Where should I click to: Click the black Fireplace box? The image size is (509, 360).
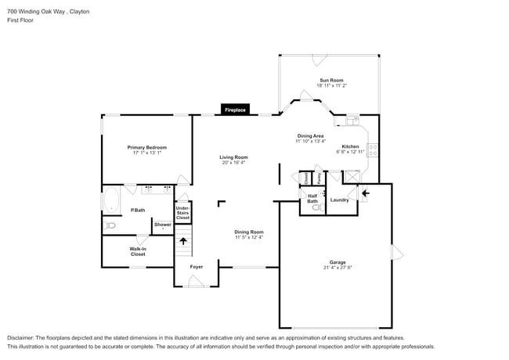click(x=236, y=110)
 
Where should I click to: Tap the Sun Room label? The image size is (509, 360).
click(x=330, y=81)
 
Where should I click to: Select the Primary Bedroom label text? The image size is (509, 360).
click(x=147, y=147)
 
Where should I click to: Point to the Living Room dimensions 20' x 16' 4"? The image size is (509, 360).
click(x=233, y=162)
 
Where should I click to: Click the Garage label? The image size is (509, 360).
click(x=338, y=262)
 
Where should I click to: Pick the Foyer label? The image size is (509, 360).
click(x=197, y=267)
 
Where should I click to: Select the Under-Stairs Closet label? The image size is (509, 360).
click(x=182, y=212)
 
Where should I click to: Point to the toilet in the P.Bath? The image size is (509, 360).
click(x=110, y=225)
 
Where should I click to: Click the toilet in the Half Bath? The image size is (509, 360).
click(x=316, y=208)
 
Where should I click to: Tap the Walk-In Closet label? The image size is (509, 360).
click(x=138, y=252)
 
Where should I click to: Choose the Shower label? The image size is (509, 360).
click(x=162, y=225)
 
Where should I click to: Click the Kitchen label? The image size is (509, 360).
click(x=350, y=147)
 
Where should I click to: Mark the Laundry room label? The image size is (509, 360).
click(x=339, y=200)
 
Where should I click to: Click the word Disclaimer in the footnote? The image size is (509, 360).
click(x=24, y=337)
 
